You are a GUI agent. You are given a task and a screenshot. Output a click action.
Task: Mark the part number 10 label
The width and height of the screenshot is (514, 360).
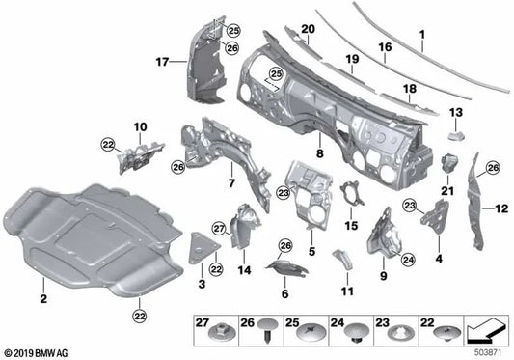[140, 126]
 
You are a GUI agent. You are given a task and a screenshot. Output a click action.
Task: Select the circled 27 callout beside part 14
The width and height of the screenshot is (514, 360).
[218, 228]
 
